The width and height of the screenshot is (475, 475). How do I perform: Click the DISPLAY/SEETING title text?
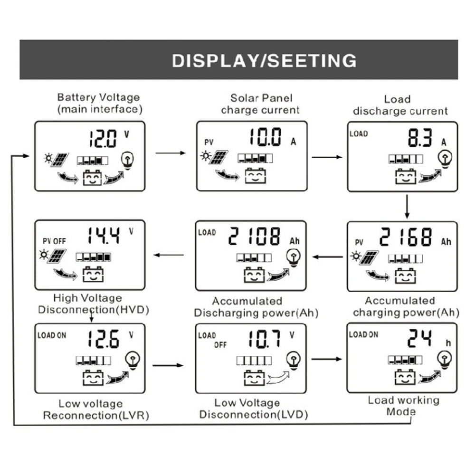pos(264,61)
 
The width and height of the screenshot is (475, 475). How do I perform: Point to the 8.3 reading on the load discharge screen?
pos(420,139)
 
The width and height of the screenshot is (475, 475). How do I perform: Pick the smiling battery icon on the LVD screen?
pos(254,378)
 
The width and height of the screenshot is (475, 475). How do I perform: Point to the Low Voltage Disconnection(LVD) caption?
pos(253,409)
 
